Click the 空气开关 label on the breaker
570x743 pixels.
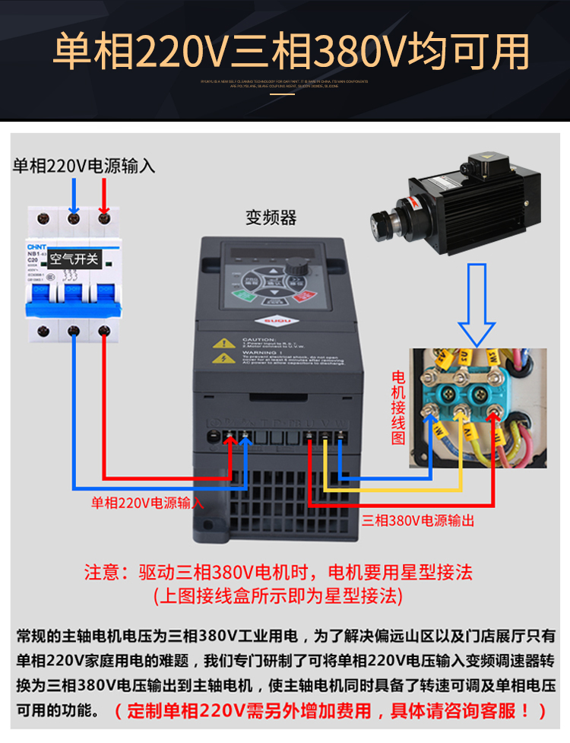74,259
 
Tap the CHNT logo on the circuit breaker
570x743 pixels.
38,246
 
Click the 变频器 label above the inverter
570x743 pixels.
271,218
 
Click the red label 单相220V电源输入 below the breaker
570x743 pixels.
147,503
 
